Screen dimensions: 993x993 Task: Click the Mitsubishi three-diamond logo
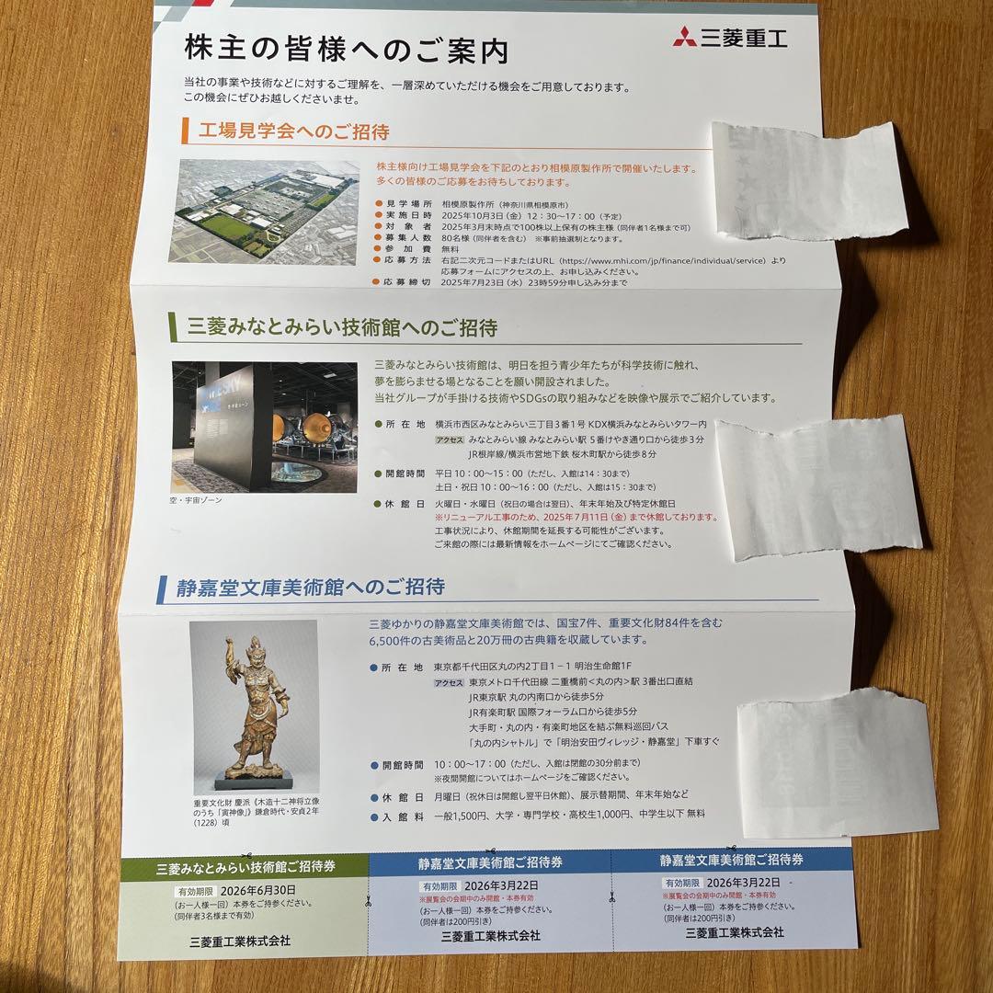[684, 39]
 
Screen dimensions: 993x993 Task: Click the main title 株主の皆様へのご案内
[346, 50]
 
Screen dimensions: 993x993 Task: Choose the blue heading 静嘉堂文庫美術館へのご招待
[311, 587]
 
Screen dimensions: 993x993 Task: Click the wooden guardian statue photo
[254, 705]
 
